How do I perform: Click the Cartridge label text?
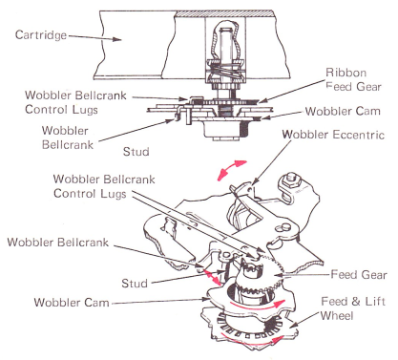coord(41,35)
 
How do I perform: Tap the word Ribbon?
coord(346,73)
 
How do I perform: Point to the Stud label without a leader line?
coord(136,152)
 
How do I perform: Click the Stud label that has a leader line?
coord(135,284)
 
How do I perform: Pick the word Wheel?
coord(337,316)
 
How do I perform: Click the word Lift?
coord(375,301)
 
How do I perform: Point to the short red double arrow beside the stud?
coord(213,276)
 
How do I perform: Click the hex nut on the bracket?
coord(292,180)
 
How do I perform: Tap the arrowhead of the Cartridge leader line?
coord(117,39)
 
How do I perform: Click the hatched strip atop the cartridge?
coord(223,13)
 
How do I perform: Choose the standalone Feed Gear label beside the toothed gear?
coord(359,274)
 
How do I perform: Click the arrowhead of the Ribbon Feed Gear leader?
coord(262,101)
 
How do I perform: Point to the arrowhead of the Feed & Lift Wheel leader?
coord(293,325)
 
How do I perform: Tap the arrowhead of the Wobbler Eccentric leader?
coord(253,182)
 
